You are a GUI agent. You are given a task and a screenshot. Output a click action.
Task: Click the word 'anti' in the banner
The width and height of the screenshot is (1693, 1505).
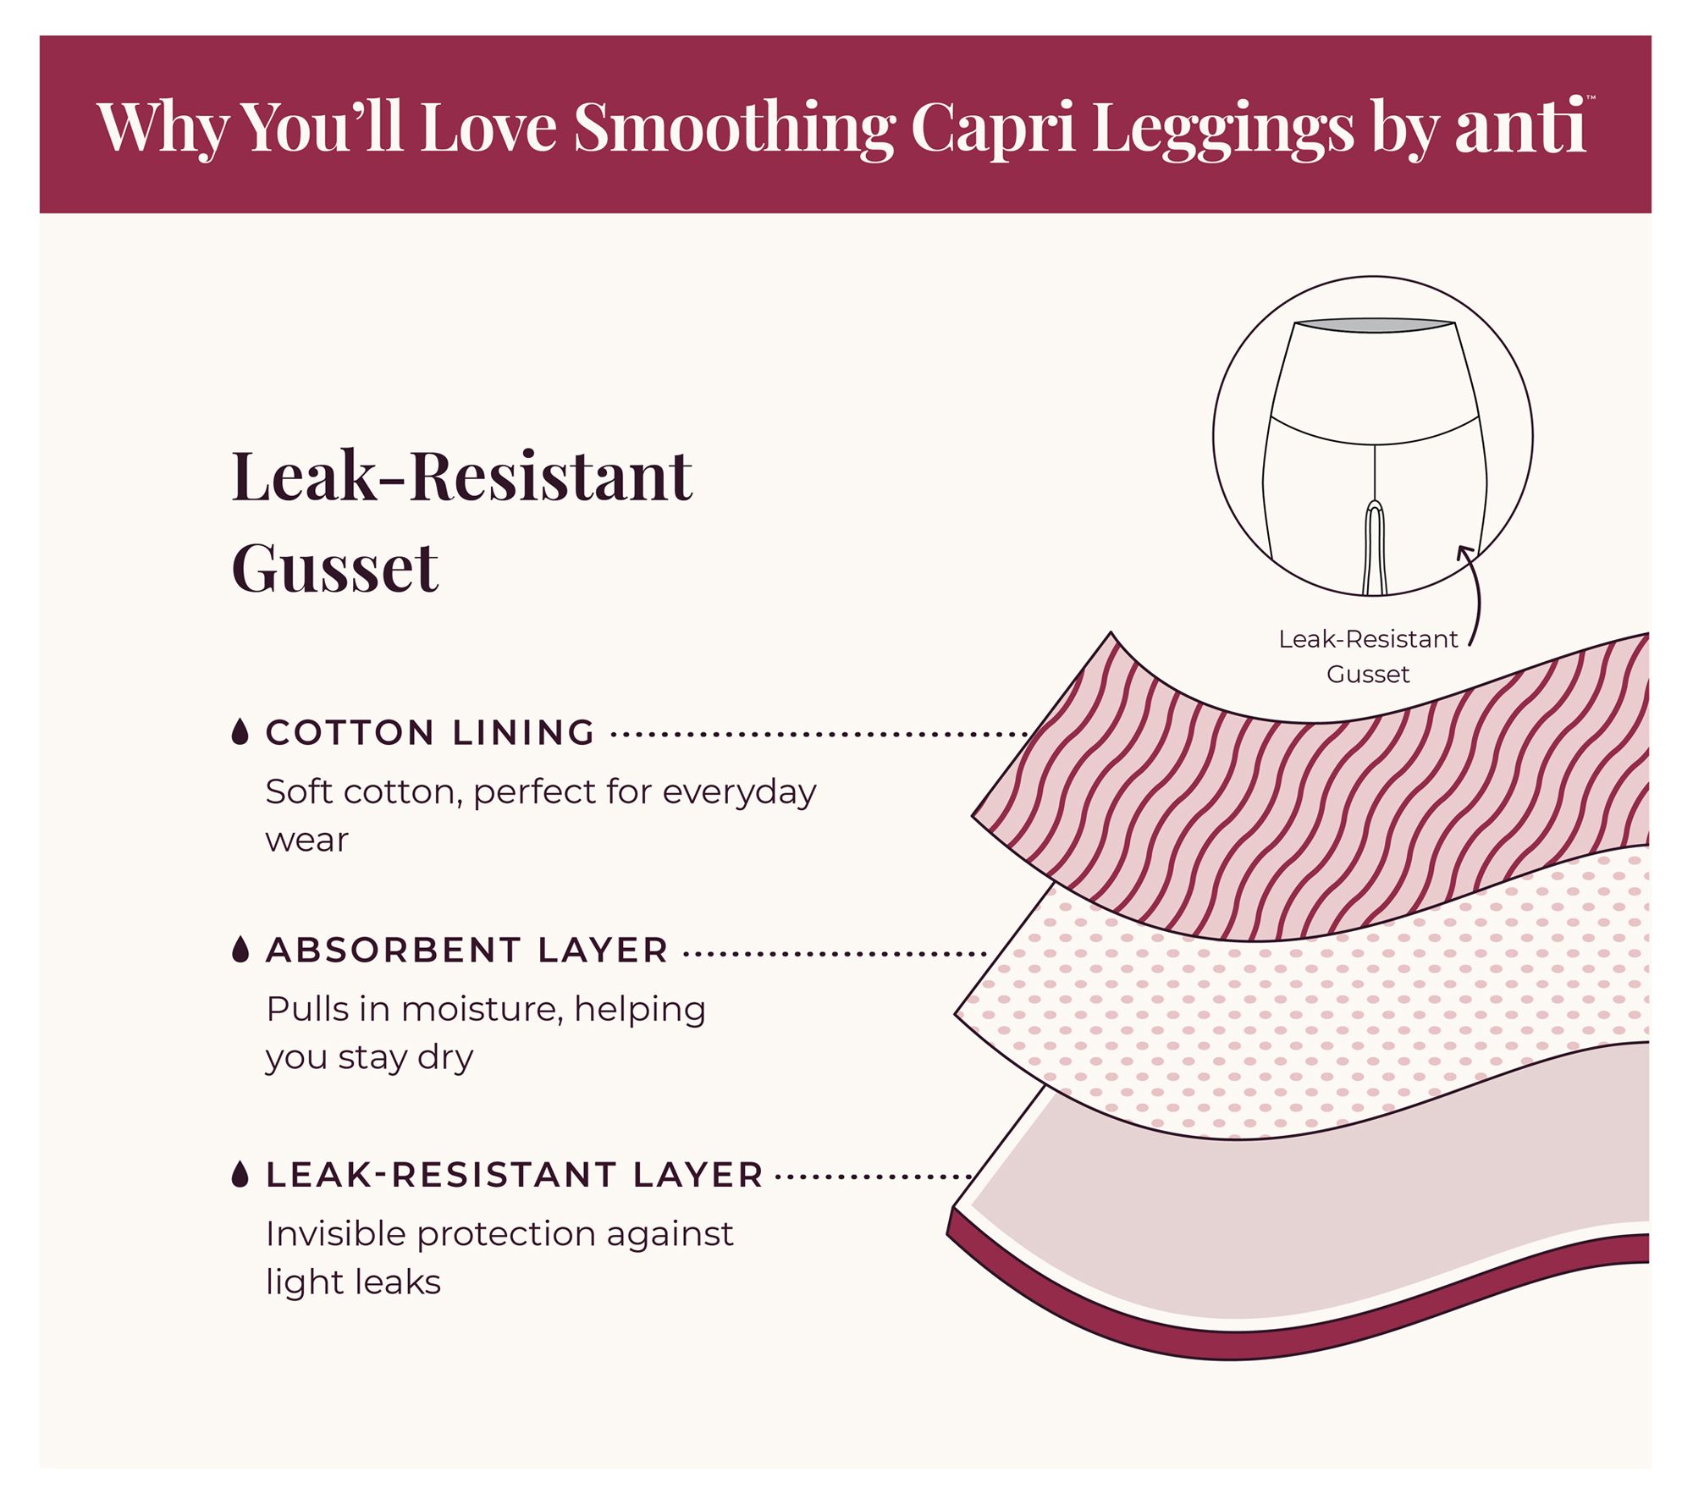coord(1519,127)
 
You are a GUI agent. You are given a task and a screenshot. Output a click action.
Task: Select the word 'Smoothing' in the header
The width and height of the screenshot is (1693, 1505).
coord(733,127)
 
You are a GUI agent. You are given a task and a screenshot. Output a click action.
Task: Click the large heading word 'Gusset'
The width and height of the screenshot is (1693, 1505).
coord(335,568)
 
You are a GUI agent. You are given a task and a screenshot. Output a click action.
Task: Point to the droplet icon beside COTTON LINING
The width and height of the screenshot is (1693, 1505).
coord(240,732)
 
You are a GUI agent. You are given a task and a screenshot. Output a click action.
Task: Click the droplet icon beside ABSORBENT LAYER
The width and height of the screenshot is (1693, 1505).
coord(240,950)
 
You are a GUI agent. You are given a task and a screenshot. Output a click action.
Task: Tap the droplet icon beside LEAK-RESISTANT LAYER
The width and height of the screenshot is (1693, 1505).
coord(240,1175)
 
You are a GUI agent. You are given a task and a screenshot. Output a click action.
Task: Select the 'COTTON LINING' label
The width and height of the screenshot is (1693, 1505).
coord(430,733)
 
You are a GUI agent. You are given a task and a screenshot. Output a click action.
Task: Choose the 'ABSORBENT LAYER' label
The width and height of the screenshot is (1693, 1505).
coord(467,951)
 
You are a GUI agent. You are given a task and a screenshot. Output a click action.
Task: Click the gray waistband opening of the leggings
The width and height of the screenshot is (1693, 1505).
coord(1375,325)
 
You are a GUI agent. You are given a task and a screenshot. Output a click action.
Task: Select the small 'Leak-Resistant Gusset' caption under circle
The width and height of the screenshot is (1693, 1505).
coord(1368,656)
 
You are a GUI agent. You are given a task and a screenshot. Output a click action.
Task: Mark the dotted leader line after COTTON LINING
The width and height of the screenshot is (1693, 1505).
coord(817,735)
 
